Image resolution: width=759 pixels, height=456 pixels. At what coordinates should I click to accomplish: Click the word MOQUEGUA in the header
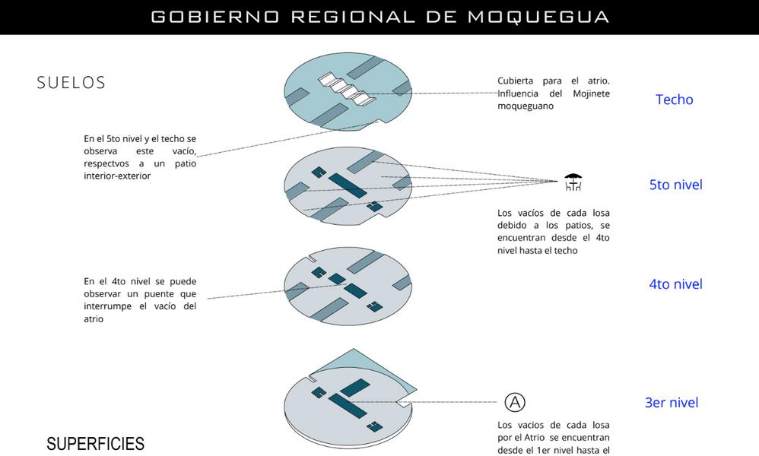(538, 17)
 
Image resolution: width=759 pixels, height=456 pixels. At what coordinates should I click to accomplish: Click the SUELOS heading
(71, 83)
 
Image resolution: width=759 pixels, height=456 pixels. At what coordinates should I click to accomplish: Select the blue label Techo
(675, 100)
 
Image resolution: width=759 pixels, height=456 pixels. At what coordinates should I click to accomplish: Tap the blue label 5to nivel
(676, 185)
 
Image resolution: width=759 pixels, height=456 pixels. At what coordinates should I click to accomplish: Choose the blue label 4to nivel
(676, 284)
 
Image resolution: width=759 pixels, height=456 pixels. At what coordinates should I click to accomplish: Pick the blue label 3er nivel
(672, 403)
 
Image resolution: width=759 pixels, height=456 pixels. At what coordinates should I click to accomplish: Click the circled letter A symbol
(515, 402)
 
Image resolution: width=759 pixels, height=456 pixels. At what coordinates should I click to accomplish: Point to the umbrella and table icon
(573, 182)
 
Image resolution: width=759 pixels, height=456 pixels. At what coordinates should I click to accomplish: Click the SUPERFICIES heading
(95, 444)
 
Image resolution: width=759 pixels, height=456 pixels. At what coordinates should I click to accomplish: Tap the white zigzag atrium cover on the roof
(347, 89)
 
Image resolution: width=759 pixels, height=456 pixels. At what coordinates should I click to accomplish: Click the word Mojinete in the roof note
(591, 93)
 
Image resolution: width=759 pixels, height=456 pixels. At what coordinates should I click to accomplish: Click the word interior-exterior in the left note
(117, 176)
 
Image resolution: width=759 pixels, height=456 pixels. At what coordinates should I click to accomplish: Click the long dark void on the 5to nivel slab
(348, 185)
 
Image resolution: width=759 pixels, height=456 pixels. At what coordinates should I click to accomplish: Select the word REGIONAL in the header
(354, 17)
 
